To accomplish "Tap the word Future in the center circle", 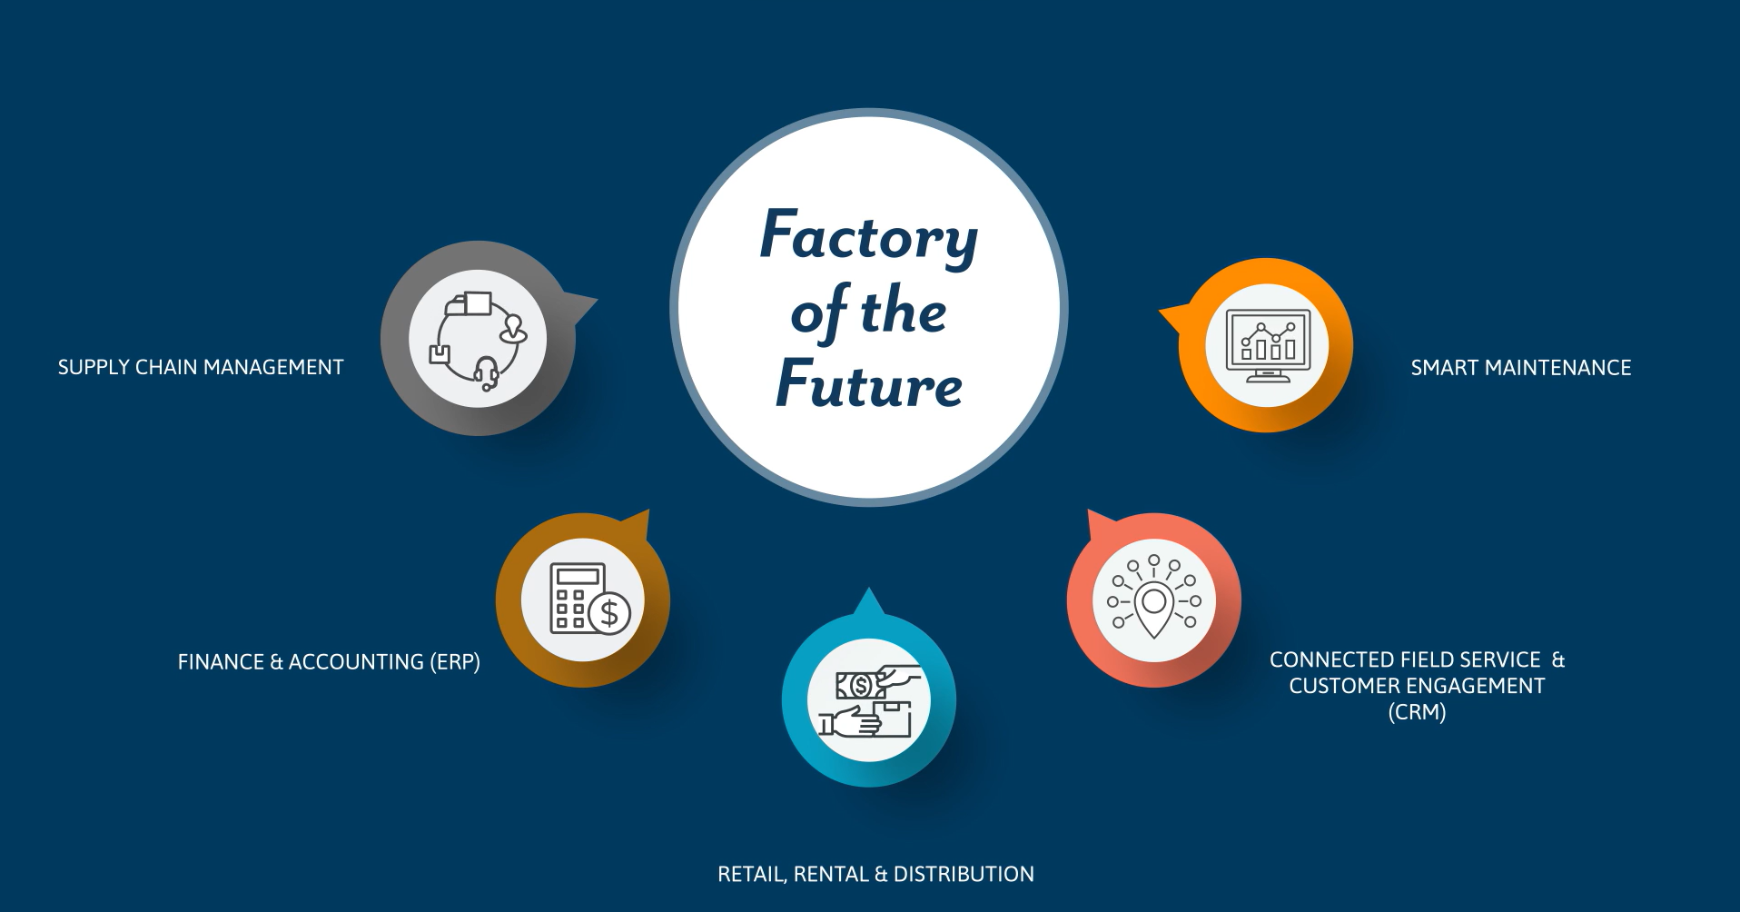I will point(869,385).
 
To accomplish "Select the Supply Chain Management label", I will point(201,367).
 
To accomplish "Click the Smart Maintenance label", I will point(1520,368).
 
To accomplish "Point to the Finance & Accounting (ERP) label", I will point(329,662).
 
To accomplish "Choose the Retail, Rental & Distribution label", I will point(875,874).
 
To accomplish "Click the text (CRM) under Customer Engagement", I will point(1417,712).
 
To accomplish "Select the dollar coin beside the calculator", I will point(609,613).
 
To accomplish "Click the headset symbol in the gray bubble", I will point(487,372).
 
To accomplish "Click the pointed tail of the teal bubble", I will point(869,601).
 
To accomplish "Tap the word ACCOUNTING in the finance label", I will point(355,662).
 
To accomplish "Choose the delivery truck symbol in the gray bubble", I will point(469,303).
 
